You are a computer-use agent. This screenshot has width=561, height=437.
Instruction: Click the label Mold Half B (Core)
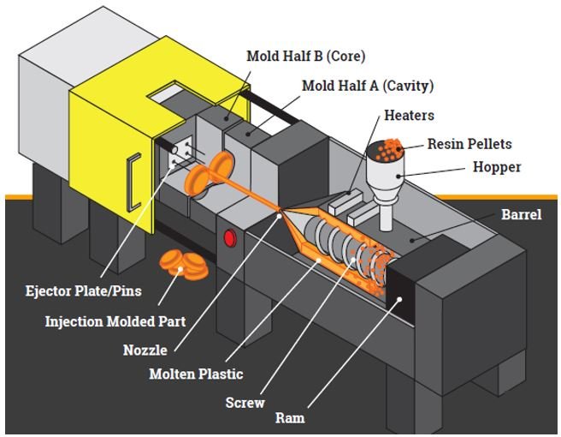305,57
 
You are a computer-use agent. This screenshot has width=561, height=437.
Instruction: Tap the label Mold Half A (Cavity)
368,86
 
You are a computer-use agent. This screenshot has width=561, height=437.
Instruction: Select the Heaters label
409,115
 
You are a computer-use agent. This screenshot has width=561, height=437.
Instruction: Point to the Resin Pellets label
469,144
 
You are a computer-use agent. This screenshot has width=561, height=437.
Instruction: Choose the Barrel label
520,214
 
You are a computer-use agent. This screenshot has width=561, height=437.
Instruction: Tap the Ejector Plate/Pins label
83,291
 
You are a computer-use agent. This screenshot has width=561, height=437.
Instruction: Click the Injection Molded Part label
115,322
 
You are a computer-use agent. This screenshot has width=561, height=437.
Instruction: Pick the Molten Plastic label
196,374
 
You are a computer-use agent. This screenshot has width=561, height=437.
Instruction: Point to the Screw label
245,402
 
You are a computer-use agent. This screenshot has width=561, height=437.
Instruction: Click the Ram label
289,419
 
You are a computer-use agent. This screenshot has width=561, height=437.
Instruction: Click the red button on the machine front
229,237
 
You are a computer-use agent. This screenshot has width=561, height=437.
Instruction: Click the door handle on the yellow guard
132,181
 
